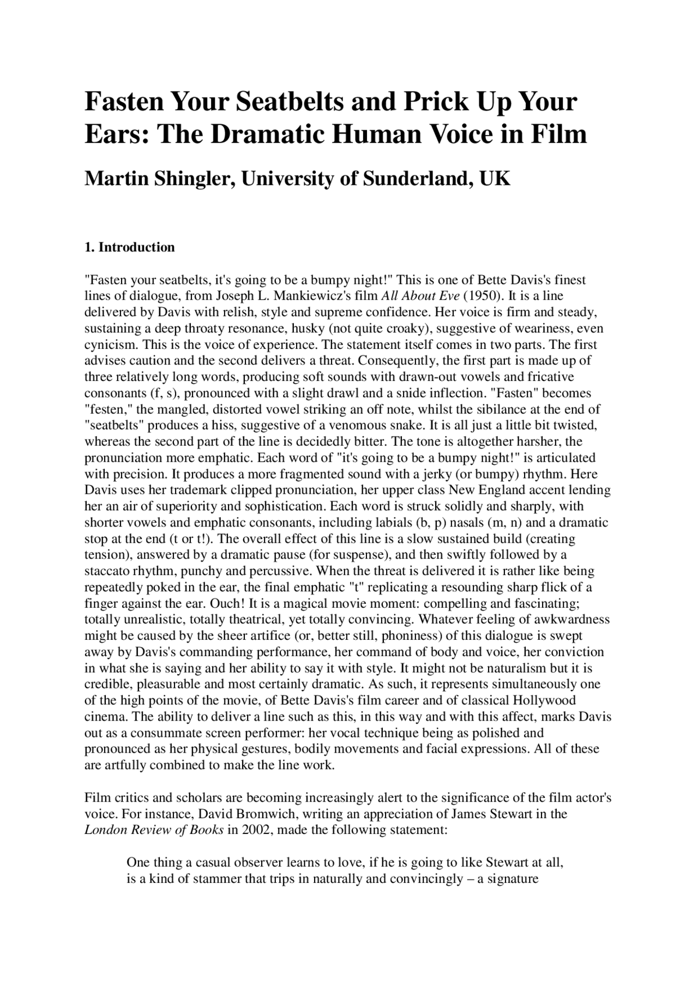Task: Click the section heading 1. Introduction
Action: (130, 247)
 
